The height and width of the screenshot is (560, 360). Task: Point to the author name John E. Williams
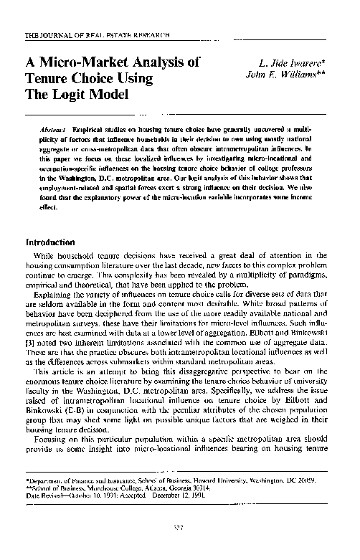click(x=295, y=75)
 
